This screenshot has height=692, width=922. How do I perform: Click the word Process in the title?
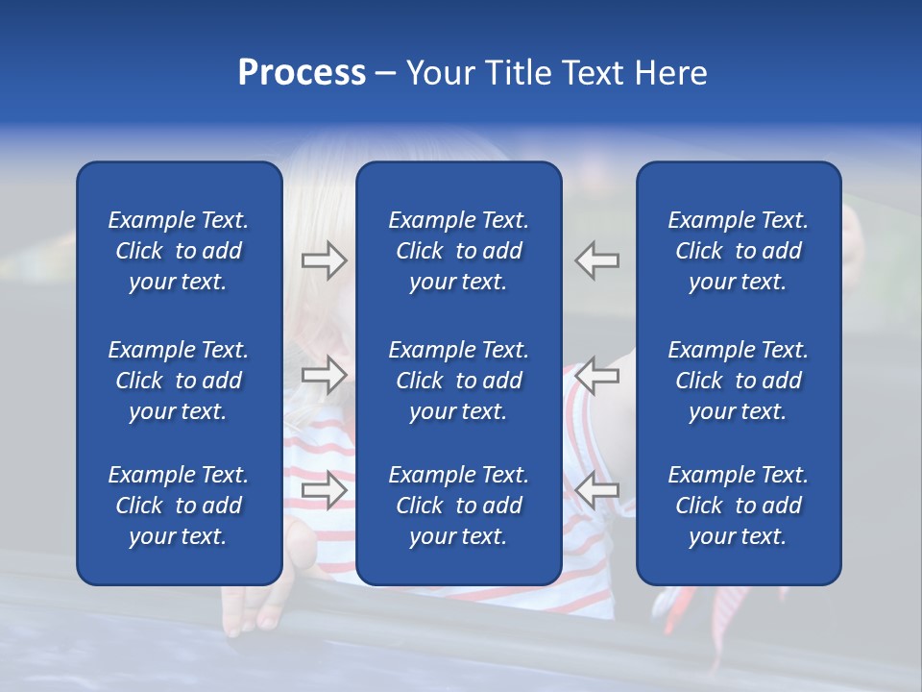point(302,73)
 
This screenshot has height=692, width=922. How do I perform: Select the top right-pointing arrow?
point(324,260)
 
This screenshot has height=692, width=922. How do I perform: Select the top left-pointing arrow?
point(597,260)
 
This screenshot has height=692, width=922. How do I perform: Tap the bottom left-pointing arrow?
point(597,489)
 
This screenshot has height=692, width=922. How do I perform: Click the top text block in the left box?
point(179,251)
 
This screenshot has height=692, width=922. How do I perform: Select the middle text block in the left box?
point(179,381)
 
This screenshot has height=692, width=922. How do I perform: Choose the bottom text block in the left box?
point(179,506)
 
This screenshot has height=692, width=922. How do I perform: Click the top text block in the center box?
point(459,251)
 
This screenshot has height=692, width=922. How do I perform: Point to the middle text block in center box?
point(459,381)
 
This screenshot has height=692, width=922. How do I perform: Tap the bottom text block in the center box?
point(459,506)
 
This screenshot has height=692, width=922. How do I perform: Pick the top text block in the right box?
point(739,251)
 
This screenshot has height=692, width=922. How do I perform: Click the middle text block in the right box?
point(739,381)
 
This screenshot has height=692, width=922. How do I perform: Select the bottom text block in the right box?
point(739,506)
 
